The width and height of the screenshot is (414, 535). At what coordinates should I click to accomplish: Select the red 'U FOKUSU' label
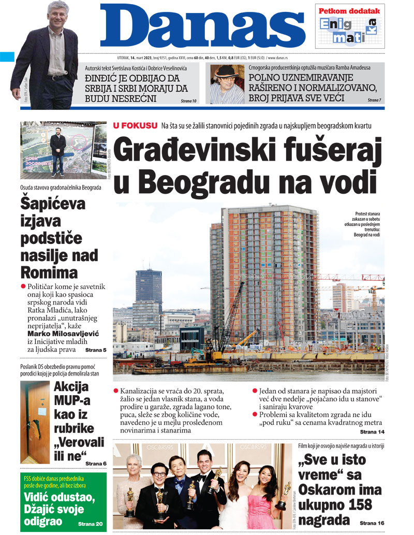click(134, 126)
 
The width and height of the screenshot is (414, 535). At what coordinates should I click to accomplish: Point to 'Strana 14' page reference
click(372, 431)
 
